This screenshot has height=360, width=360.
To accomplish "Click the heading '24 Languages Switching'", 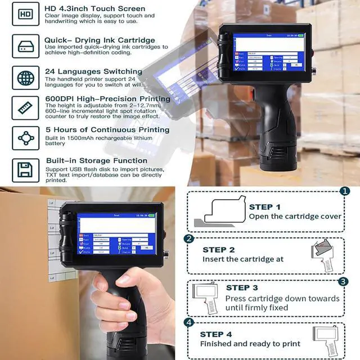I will tap(93, 71).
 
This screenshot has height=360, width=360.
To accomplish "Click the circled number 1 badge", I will tap(345, 191).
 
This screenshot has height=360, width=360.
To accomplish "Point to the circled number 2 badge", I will tap(190, 238).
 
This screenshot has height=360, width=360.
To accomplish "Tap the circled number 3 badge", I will tap(343, 281).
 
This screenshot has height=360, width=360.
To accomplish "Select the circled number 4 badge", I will tap(190, 322).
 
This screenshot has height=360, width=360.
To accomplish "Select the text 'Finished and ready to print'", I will tap(250, 344).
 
